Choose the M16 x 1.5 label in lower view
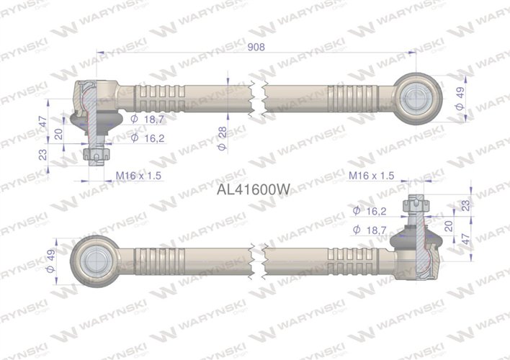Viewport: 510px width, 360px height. point(371,175)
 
